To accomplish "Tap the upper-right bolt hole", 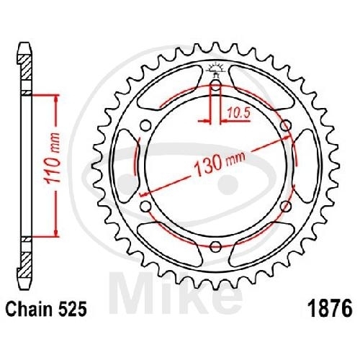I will [x=287, y=126].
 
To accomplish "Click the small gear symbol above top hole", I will [x=216, y=70].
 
